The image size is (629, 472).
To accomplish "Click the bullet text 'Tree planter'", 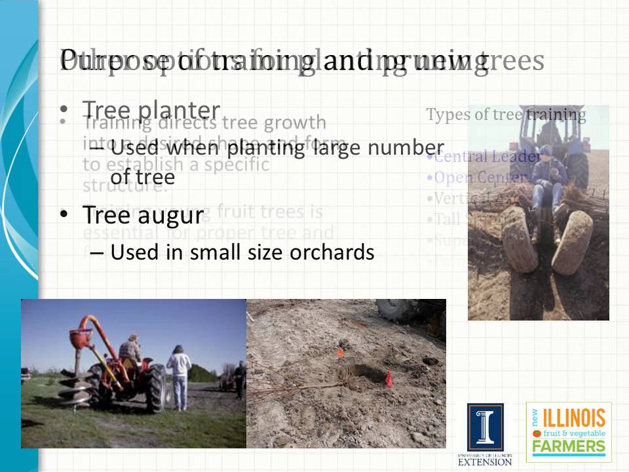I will click(x=151, y=110).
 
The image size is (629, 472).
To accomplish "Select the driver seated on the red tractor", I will click(x=131, y=351).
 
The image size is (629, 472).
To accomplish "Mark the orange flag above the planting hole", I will click(x=340, y=353).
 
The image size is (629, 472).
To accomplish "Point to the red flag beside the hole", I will click(x=389, y=380).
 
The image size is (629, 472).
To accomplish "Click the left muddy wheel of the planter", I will click(x=519, y=239).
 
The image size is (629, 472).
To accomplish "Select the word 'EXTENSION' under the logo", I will click(x=485, y=462).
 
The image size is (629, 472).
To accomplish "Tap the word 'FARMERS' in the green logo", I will click(x=569, y=447).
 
